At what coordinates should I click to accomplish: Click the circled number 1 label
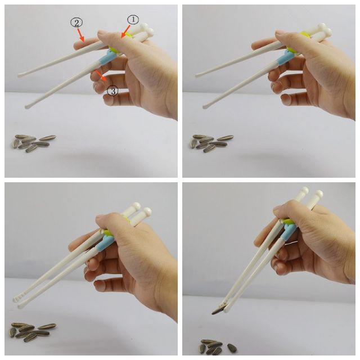click(x=133, y=20)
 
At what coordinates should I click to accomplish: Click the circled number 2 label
click(x=76, y=22)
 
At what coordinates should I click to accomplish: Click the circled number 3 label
click(x=112, y=91)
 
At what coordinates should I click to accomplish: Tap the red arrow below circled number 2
click(x=80, y=34)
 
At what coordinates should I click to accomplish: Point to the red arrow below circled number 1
click(x=126, y=31)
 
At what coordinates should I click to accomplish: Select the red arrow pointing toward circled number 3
click(x=101, y=75)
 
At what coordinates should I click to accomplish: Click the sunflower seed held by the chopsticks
click(x=218, y=311)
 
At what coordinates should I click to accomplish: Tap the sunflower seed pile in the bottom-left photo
click(x=33, y=331)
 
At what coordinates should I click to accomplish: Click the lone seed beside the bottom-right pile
click(x=232, y=348)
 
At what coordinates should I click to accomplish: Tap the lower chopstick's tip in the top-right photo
click(x=205, y=106)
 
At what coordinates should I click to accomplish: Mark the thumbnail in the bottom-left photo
click(x=100, y=217)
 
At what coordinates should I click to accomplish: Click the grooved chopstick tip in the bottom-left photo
click(x=16, y=299)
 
